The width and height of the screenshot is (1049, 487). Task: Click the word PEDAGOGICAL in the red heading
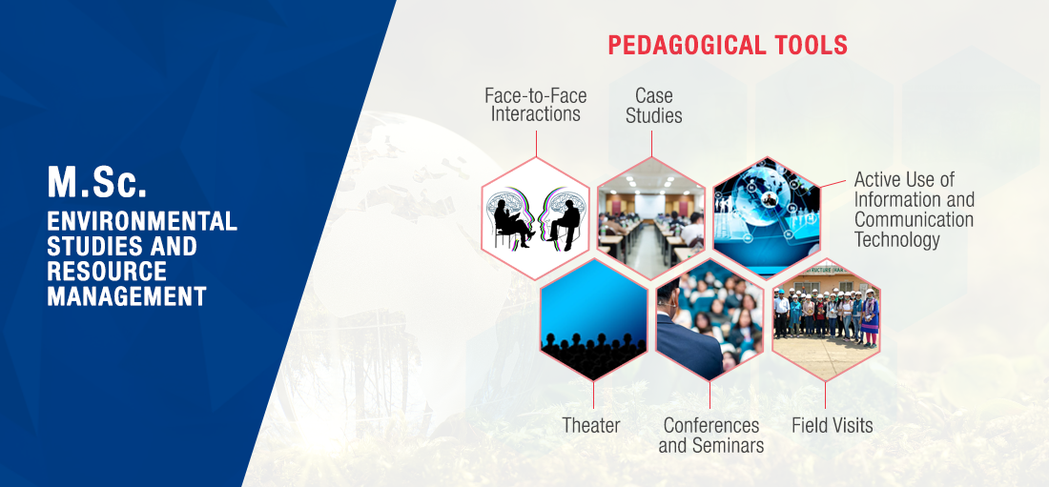(685, 45)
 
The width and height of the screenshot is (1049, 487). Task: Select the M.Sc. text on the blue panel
(97, 182)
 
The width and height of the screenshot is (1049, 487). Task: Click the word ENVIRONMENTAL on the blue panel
(142, 221)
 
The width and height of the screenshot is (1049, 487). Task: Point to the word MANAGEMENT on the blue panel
(127, 295)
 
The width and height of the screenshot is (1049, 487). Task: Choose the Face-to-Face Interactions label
(535, 105)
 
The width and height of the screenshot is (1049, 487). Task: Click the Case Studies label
(653, 106)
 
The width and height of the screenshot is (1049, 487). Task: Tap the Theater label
(591, 425)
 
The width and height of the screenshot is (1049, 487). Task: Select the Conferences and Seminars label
(711, 435)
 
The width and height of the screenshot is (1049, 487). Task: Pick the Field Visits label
(833, 425)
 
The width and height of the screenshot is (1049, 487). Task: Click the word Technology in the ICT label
(897, 239)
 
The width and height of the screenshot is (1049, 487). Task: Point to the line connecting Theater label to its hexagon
(593, 395)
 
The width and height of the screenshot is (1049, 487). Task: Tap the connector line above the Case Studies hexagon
(651, 144)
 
